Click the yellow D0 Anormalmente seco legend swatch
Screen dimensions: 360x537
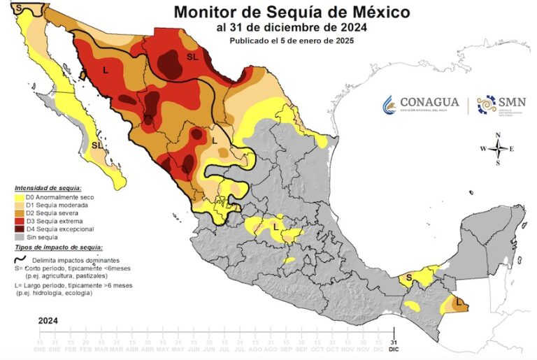[x=19, y=198]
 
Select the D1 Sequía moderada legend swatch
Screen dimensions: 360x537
[x=19, y=206]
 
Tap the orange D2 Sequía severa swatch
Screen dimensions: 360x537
[x=19, y=213]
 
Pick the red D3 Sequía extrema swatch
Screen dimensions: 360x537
[x=19, y=221]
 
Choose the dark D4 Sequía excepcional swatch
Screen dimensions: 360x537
[x=19, y=229]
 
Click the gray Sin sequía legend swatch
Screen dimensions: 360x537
[x=19, y=237]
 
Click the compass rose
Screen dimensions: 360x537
[x=497, y=148]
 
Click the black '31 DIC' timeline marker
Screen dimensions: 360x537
[x=394, y=342]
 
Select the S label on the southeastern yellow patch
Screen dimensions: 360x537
[x=408, y=279]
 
